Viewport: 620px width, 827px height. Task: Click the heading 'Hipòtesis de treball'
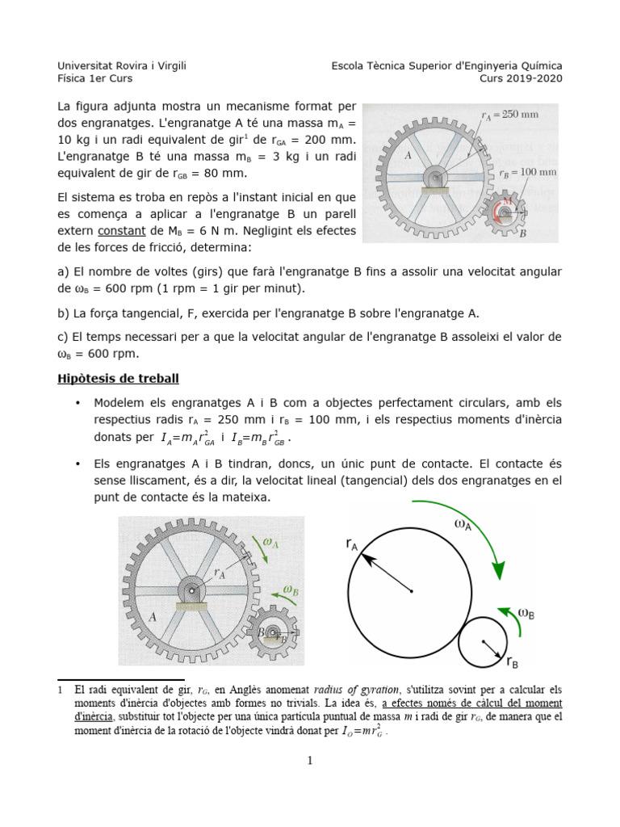coord(118,379)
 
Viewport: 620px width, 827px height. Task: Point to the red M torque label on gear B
coord(507,200)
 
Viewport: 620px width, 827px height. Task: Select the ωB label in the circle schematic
coord(526,613)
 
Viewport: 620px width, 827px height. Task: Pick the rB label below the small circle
coord(513,662)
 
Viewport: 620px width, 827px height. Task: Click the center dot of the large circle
coord(412,592)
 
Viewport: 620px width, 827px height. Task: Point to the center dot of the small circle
coord(482,642)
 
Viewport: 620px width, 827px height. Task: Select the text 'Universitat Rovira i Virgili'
coord(122,65)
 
